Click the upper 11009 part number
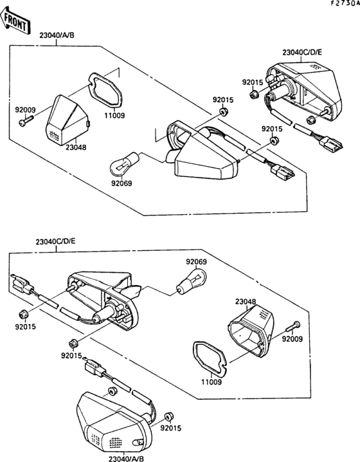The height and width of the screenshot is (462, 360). pyautogui.click(x=116, y=116)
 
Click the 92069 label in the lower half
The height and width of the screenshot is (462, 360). pyautogui.click(x=196, y=261)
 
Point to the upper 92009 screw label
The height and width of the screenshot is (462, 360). pyautogui.click(x=25, y=109)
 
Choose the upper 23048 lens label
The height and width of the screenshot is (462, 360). pyautogui.click(x=76, y=147)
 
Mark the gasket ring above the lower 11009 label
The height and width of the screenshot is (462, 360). pyautogui.click(x=209, y=356)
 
